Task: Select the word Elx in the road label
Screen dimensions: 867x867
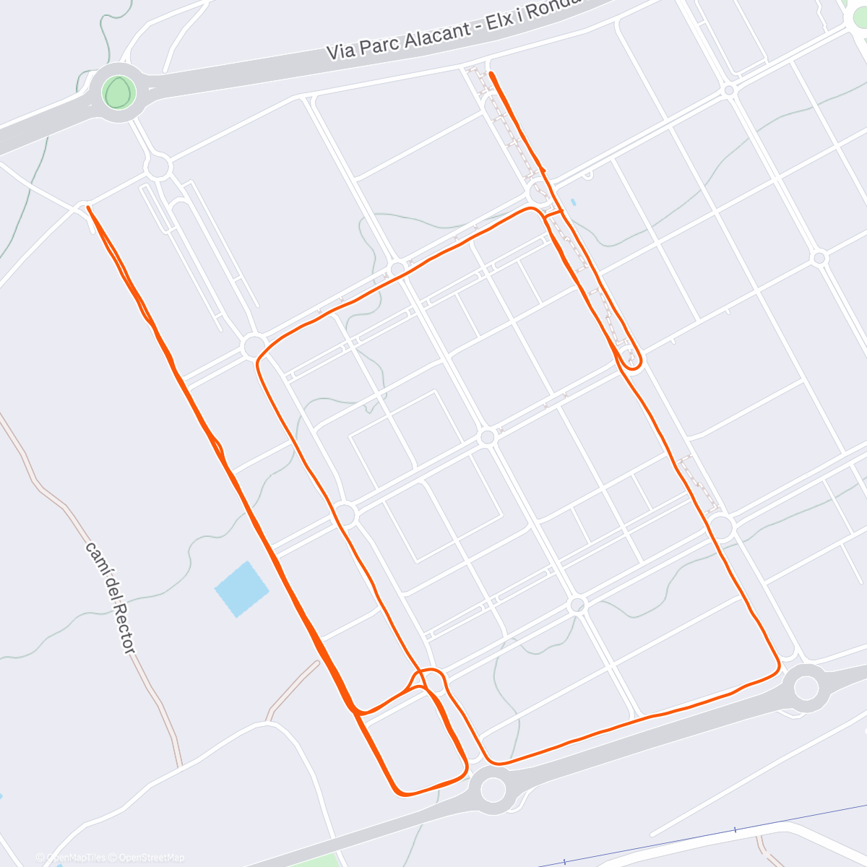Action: click(x=499, y=24)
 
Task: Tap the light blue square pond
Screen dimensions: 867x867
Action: click(x=241, y=589)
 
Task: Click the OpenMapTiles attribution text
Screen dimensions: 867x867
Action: click(x=75, y=858)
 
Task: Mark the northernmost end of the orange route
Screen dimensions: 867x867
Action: click(x=491, y=74)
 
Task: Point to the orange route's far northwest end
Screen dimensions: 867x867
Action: click(x=88, y=207)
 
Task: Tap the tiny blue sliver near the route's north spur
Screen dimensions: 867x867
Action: click(x=574, y=202)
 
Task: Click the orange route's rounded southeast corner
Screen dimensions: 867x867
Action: click(x=777, y=668)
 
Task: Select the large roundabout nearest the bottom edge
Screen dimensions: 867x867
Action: click(x=493, y=789)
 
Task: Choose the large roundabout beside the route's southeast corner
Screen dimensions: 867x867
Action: click(x=806, y=687)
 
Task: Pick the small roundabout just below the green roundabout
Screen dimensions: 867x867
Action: click(x=158, y=168)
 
